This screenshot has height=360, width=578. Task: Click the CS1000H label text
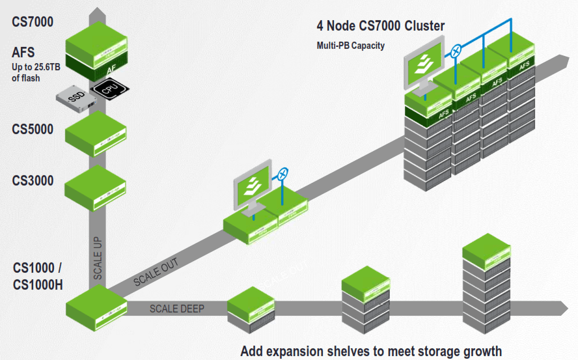(38, 285)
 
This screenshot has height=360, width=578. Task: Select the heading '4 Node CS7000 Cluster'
(381, 26)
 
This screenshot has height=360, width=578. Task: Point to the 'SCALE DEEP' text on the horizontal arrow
(178, 308)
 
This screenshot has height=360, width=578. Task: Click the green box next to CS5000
(96, 133)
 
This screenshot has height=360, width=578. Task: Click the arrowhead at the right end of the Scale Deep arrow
(564, 305)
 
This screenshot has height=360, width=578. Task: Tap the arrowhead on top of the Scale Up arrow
(96, 13)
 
